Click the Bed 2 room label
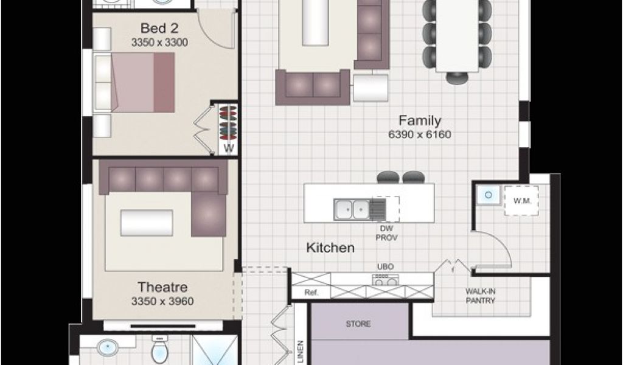[x=159, y=29]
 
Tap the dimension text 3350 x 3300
[x=159, y=43]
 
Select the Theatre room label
[x=162, y=287]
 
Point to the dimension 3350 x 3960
[x=162, y=301]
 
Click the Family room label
[x=420, y=120]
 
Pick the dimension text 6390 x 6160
[x=420, y=134]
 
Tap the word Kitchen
[x=330, y=248]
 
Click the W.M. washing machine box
[x=521, y=201]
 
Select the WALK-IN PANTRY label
[x=481, y=296]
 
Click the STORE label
[x=358, y=324]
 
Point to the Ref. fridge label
[x=312, y=293]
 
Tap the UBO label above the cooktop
[x=385, y=267]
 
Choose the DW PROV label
[x=386, y=233]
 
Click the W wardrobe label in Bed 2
[x=229, y=149]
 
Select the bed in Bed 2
[x=134, y=82]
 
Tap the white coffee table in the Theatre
[x=147, y=223]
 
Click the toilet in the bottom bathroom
[x=160, y=348]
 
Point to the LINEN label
[x=300, y=352]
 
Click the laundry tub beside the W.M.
[x=489, y=195]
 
